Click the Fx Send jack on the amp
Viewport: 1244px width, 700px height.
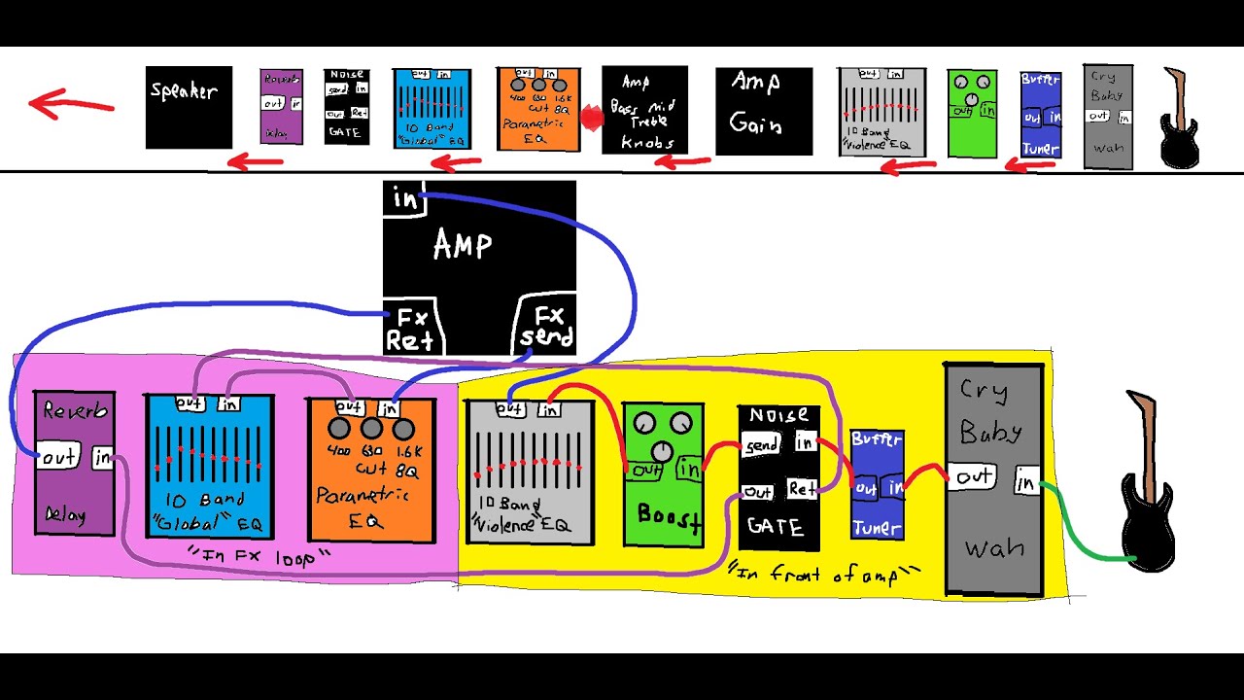[x=547, y=327]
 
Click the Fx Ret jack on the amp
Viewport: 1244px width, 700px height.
[x=410, y=329]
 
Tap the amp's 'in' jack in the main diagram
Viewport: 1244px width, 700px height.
[x=403, y=200]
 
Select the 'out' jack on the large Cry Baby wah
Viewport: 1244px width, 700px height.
[x=973, y=476]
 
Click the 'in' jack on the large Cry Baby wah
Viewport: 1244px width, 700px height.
[x=1025, y=480]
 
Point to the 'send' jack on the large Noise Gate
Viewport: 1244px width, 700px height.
[x=761, y=445]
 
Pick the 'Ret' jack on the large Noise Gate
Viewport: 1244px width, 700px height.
[x=802, y=488]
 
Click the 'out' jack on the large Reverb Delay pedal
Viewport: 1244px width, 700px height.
[x=58, y=456]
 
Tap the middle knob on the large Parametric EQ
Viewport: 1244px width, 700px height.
[x=371, y=429]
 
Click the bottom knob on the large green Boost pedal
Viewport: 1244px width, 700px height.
[x=662, y=451]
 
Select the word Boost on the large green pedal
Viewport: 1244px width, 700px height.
[x=669, y=516]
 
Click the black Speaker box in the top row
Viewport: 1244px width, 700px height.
[x=189, y=107]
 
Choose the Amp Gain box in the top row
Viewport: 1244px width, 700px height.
[x=764, y=111]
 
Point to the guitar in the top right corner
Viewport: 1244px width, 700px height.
[x=1180, y=118]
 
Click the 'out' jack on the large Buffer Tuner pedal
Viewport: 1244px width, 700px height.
[x=864, y=488]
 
